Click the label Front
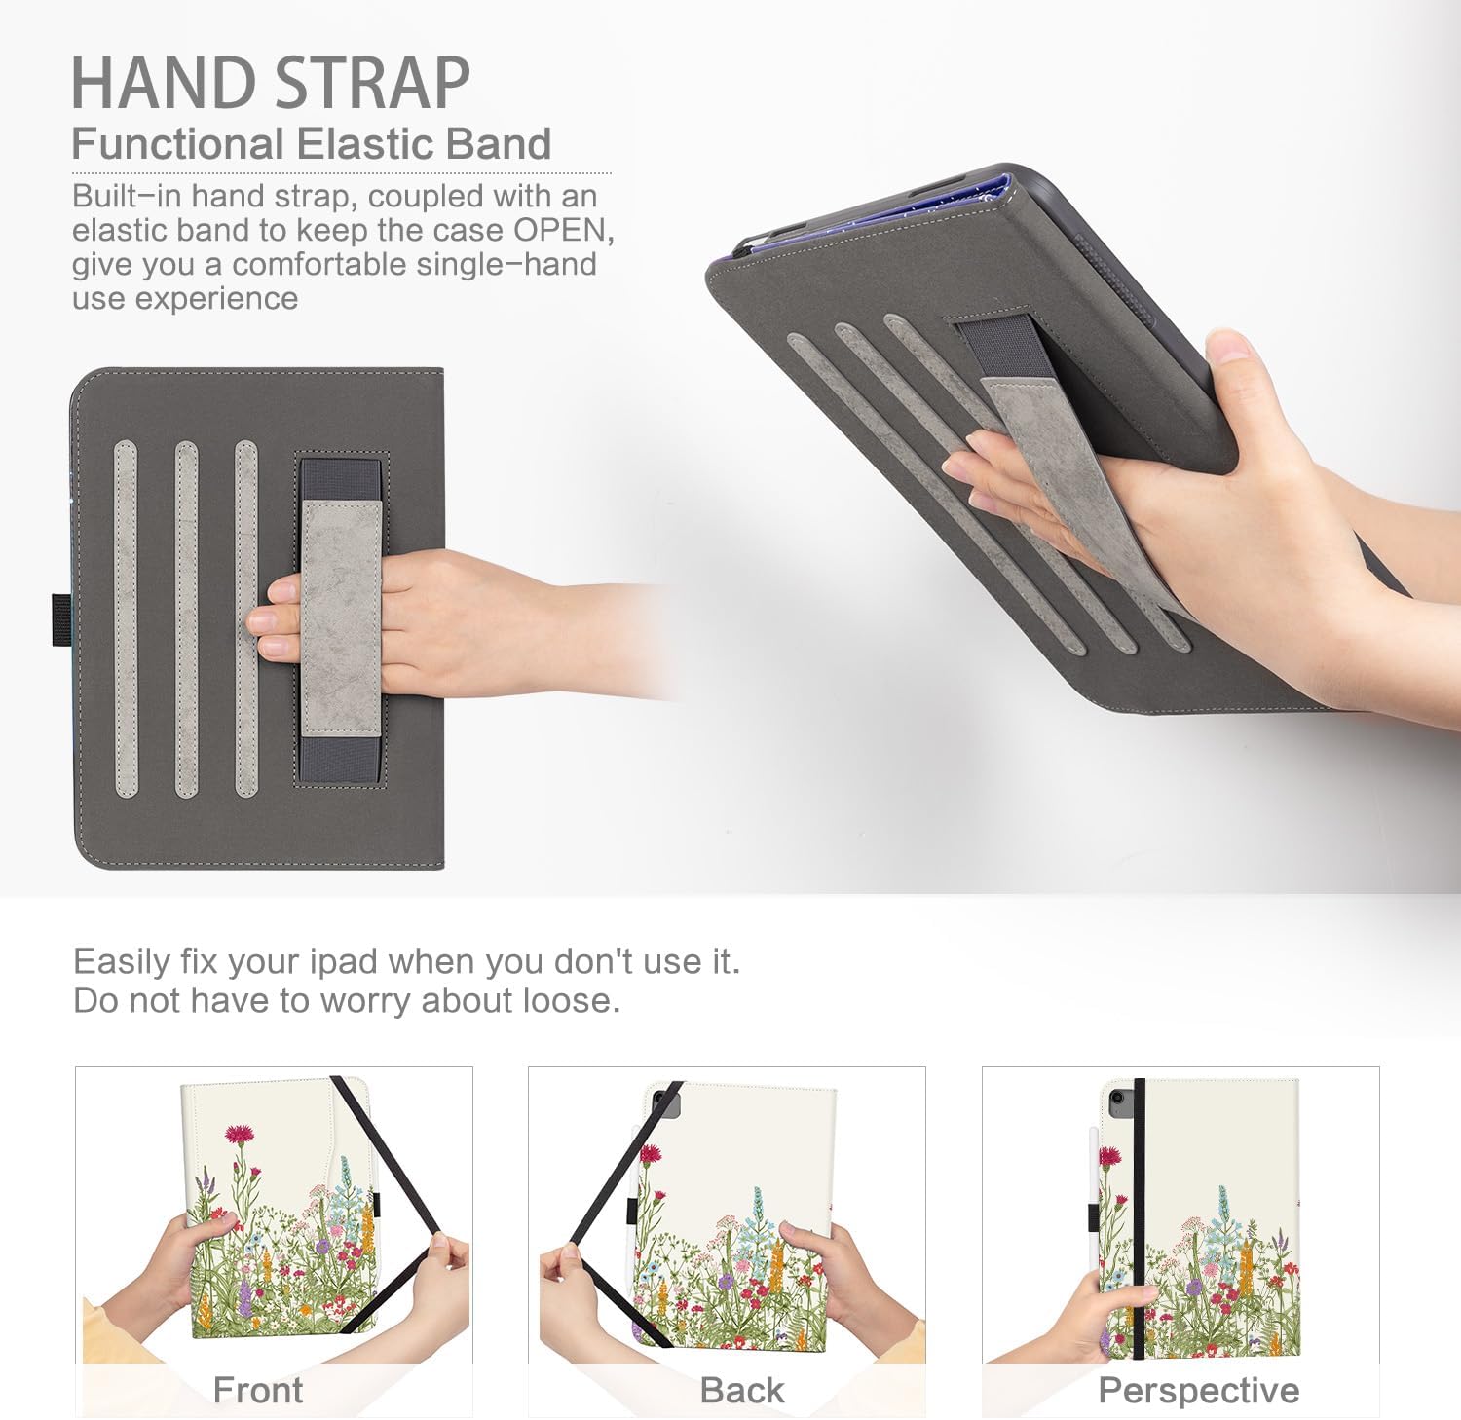coord(258,1390)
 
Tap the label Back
coord(741,1390)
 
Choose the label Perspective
coord(1198,1390)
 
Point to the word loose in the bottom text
coord(569,1000)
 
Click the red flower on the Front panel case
coord(238,1134)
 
